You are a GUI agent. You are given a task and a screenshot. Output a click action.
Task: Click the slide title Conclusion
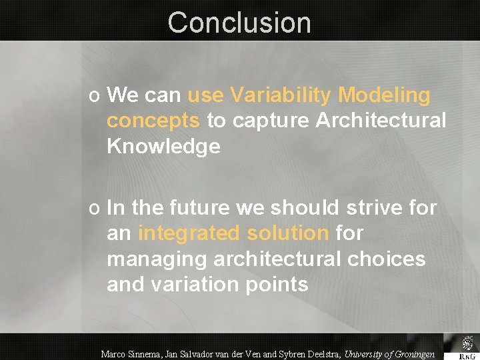(239, 22)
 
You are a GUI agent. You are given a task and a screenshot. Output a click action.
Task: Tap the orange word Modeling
(384, 95)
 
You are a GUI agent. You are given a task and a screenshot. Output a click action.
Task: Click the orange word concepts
(153, 121)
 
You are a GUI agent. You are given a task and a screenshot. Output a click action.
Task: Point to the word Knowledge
(163, 146)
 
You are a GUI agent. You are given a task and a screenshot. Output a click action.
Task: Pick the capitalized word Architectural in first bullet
(381, 121)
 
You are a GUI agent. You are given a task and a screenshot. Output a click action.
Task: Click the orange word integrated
(188, 233)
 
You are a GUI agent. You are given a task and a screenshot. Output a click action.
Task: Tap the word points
(279, 284)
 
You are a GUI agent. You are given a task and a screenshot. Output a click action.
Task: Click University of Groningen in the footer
(389, 354)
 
